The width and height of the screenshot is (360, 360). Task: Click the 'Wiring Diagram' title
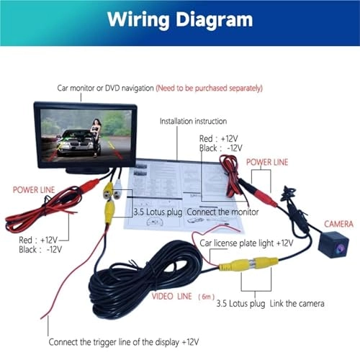point(180,19)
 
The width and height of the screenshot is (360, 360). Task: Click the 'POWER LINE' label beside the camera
point(268,163)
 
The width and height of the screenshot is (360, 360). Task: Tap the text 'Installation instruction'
point(193,121)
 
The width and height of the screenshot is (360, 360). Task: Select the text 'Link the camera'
point(297,304)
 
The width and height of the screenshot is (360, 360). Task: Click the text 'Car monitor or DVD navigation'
point(106,88)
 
